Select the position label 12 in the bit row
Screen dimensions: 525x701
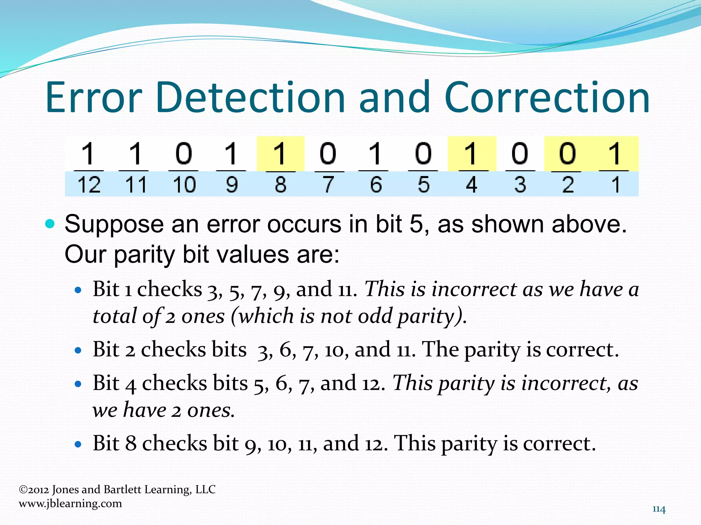pos(89,185)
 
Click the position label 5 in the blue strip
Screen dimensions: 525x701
pos(423,185)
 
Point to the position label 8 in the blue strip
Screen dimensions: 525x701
pos(280,185)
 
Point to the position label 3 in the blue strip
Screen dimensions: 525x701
pos(520,185)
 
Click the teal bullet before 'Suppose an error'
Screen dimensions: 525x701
pos(50,224)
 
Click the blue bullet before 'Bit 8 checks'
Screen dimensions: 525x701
pos(78,444)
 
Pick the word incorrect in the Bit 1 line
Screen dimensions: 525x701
pos(474,289)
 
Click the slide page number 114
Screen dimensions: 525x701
pos(659,509)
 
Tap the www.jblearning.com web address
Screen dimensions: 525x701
pos(71,503)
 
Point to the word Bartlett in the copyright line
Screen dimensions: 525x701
pos(122,489)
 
